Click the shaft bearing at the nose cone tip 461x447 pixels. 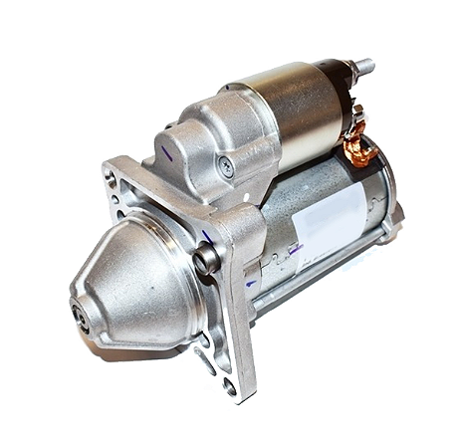pos(79,316)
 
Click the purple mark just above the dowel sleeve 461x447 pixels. pos(207,237)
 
